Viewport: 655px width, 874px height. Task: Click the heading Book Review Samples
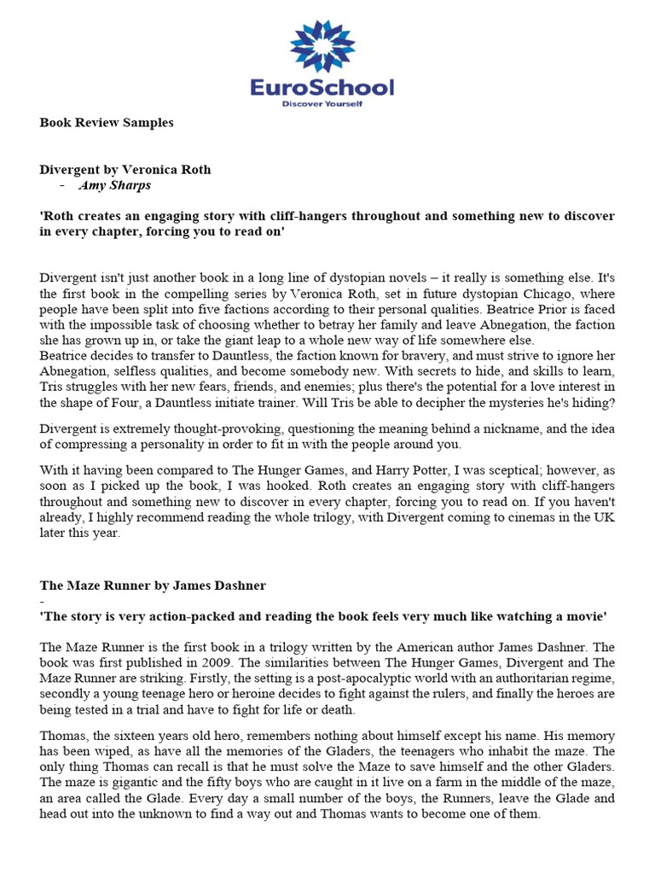pos(107,123)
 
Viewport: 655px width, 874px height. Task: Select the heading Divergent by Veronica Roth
pos(125,170)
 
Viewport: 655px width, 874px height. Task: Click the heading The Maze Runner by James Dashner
pos(154,586)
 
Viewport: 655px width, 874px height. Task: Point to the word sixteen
pos(132,736)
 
